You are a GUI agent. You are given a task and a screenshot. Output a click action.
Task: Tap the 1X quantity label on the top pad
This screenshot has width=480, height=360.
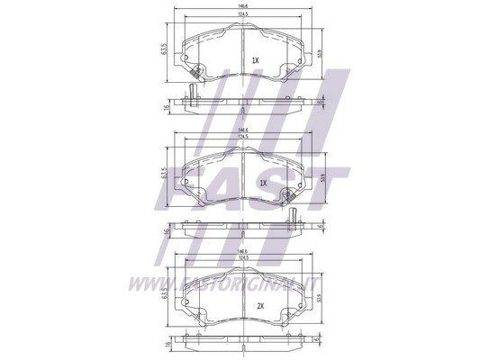coord(255,60)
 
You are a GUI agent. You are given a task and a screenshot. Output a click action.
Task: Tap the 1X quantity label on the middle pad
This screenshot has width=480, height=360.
coord(263,183)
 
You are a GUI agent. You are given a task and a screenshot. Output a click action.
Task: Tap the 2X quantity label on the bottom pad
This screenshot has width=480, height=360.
coord(262,307)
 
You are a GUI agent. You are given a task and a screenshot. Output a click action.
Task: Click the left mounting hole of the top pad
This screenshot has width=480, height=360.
coord(186,61)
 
